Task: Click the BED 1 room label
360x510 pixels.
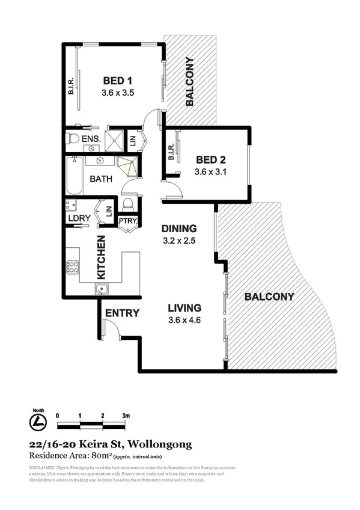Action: click(x=118, y=81)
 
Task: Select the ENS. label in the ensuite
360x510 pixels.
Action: click(x=91, y=139)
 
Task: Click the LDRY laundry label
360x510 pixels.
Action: click(x=79, y=218)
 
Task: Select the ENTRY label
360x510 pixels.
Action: click(x=122, y=313)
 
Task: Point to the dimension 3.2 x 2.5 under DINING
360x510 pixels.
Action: click(x=179, y=241)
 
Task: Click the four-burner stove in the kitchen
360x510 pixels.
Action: click(x=74, y=266)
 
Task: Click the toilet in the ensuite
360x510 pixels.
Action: click(x=73, y=139)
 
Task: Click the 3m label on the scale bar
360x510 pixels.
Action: click(x=126, y=416)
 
